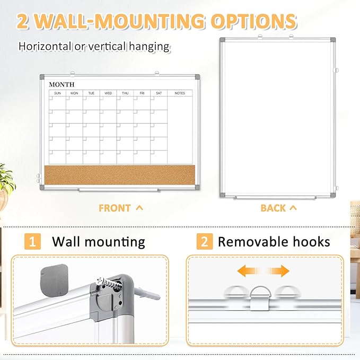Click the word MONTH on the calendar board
click(62, 84)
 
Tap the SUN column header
click(57, 93)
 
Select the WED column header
click(108, 93)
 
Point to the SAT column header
click(159, 93)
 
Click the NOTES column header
click(180, 93)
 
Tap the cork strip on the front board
click(122, 174)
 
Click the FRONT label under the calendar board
click(115, 208)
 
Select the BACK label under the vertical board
click(273, 208)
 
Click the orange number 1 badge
click(33, 242)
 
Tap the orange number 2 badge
click(204, 242)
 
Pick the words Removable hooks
click(274, 242)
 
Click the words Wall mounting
click(98, 242)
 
